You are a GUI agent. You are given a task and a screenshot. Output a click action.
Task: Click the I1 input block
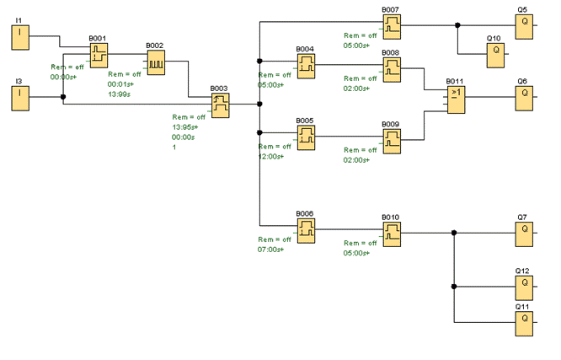click(x=20, y=38)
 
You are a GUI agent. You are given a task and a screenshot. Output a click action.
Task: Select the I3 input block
click(x=20, y=99)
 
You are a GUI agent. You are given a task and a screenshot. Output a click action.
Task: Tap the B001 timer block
click(x=99, y=56)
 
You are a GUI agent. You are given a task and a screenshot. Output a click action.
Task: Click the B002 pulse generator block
click(x=156, y=62)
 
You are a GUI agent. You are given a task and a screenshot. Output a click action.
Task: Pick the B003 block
click(x=221, y=105)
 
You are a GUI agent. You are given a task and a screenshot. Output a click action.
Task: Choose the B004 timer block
click(x=307, y=67)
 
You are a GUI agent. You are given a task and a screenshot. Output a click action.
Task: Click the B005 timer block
click(x=307, y=138)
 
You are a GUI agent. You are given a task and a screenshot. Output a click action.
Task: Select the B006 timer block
click(x=307, y=231)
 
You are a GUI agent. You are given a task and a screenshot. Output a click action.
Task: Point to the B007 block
click(x=393, y=27)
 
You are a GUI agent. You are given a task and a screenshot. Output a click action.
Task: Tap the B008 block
click(x=393, y=70)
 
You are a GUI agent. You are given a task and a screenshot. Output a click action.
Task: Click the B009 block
click(x=393, y=142)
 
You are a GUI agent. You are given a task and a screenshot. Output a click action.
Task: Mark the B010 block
click(x=393, y=234)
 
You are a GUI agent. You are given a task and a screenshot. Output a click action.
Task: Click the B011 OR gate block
click(x=457, y=100)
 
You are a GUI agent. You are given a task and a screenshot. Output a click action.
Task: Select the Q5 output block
click(x=524, y=27)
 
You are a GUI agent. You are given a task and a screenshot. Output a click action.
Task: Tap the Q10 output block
click(x=495, y=56)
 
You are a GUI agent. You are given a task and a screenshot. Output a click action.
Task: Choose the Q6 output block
click(x=524, y=99)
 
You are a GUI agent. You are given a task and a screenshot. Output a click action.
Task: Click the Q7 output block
click(x=524, y=234)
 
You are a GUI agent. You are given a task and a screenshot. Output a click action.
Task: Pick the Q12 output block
click(x=524, y=288)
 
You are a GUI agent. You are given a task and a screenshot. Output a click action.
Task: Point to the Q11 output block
click(x=524, y=325)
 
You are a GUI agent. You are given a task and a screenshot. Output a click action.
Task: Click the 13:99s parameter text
click(x=119, y=94)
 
